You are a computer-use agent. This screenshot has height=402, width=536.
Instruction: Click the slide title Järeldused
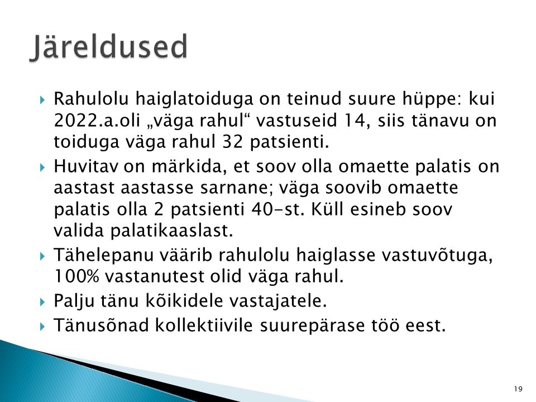pos(109,47)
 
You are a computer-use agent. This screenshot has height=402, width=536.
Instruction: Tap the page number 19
pos(518,389)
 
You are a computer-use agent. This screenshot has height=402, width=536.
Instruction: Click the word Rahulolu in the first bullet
pos(91,98)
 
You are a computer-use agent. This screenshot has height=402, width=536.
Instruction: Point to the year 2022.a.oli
pos(97,121)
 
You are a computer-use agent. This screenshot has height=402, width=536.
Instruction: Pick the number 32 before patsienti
pos(232,141)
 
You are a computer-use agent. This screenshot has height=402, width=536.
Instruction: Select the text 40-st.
pos(277,209)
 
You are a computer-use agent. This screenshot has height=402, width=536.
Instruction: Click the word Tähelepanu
pos(104,256)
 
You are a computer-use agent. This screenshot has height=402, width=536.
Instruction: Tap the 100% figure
pos(76,276)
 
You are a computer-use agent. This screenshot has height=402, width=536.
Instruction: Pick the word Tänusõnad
pos(101,325)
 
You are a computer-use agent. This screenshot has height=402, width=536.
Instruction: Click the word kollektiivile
pos(204,325)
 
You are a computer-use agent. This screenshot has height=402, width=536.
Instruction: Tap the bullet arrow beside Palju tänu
pos(42,302)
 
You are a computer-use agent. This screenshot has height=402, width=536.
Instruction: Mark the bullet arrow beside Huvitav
pos(42,167)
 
